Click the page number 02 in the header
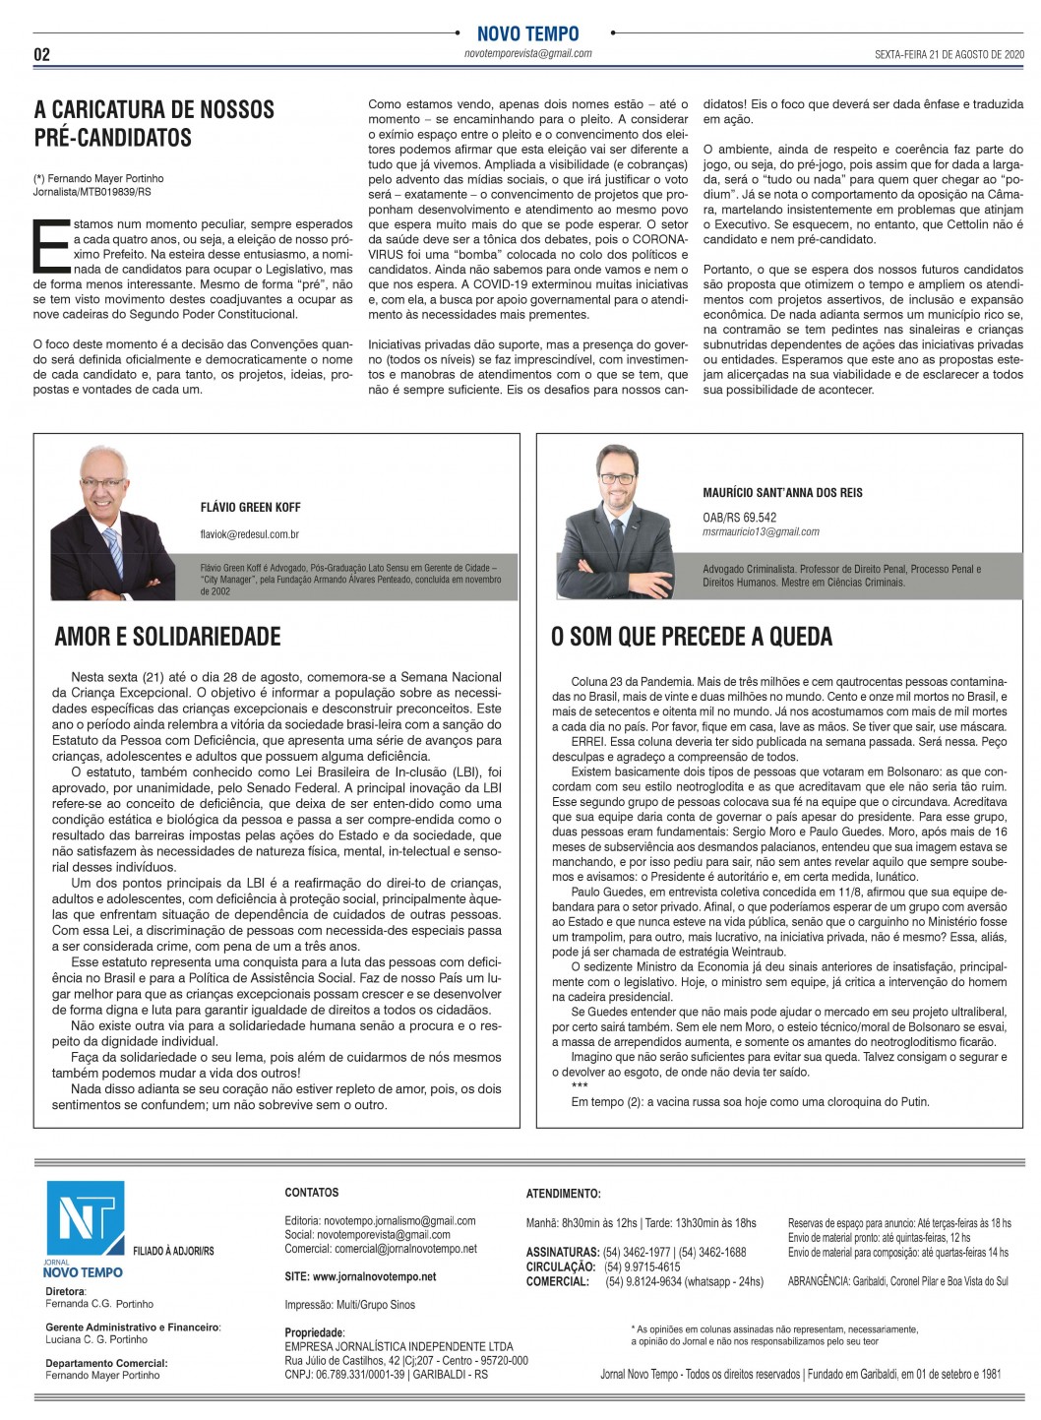tap(41, 55)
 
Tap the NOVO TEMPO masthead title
tap(527, 34)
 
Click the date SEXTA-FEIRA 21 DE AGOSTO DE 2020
tap(936, 54)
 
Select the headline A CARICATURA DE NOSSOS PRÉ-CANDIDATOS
tap(154, 123)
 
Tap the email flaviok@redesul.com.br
tap(249, 534)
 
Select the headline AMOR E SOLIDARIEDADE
tap(167, 637)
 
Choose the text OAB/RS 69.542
tap(739, 518)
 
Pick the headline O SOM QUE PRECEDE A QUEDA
tap(691, 637)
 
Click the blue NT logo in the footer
tap(85, 1217)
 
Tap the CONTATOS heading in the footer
tap(311, 1193)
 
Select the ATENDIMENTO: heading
tap(563, 1194)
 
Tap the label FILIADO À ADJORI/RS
tap(173, 1251)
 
